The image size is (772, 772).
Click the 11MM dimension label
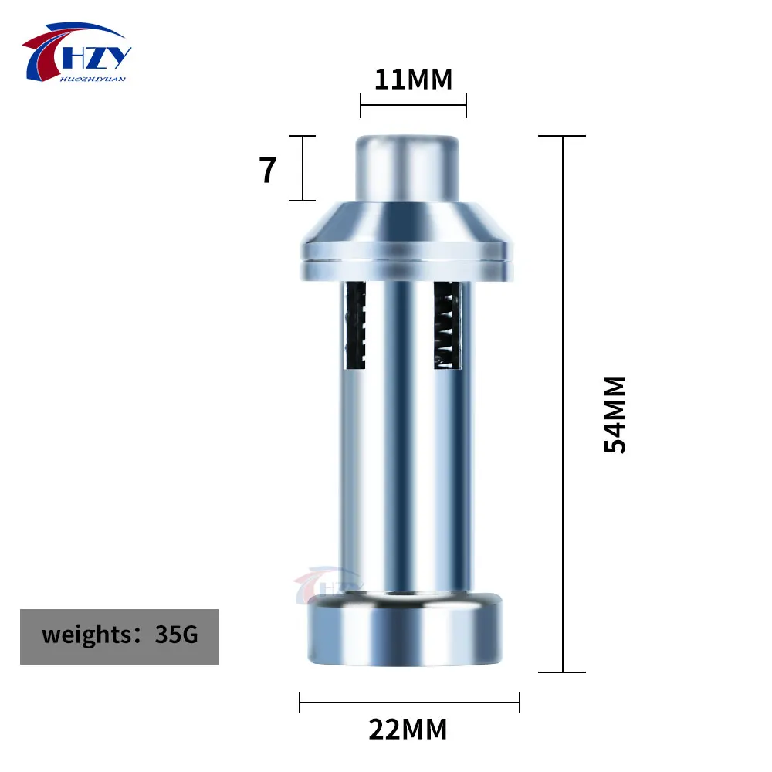coord(413,79)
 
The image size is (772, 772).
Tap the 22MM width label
coord(408,729)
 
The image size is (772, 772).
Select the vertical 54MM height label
coord(615,415)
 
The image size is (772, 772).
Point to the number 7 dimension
coord(268,170)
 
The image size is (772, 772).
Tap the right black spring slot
coord(447,324)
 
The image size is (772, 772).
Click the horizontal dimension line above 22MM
coord(409,702)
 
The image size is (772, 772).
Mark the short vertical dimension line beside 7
coord(302,168)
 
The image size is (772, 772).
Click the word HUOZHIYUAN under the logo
coord(97,77)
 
